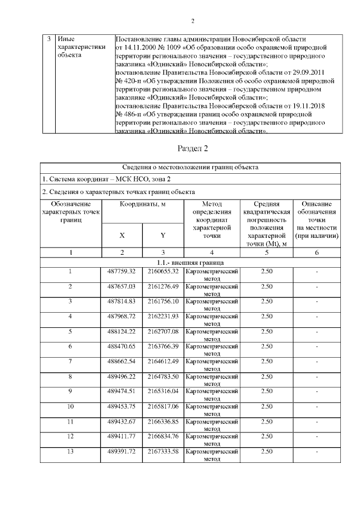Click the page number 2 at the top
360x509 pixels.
tap(192, 22)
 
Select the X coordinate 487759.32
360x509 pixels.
tap(122, 272)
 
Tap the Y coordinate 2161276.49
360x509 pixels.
tap(163, 286)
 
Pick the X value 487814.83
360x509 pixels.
tap(122, 301)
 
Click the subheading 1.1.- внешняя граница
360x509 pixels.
tap(192, 263)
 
